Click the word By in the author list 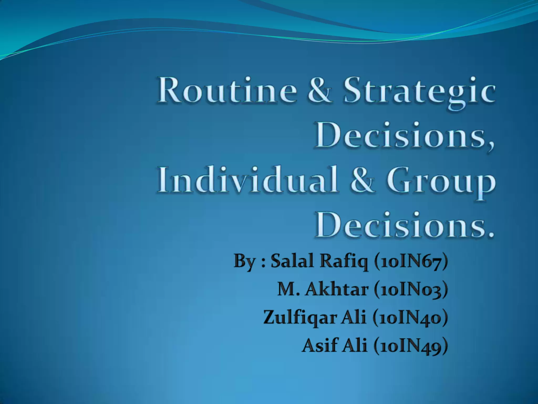244,261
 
